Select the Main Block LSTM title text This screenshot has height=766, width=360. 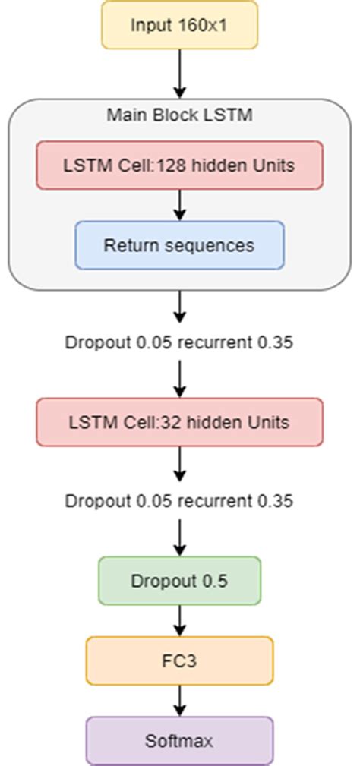[179, 115]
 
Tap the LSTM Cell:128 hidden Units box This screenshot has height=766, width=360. [179, 165]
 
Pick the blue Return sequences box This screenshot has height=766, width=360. [179, 245]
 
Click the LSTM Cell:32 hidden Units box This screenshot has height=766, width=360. [179, 421]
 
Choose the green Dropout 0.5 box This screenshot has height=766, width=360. [179, 582]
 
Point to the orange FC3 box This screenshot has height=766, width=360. [179, 661]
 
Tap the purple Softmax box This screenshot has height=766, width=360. [179, 740]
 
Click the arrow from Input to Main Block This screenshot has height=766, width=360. [179, 73]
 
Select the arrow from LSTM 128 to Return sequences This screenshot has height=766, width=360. [179, 205]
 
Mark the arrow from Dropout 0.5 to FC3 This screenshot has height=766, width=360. [179, 621]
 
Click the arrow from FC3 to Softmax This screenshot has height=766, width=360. [179, 700]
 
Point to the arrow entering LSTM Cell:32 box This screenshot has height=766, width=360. [179, 378]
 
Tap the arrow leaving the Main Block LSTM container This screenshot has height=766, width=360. [179, 305]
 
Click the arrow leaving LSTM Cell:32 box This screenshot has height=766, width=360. [179, 462]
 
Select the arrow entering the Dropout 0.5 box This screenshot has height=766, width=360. [179, 537]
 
